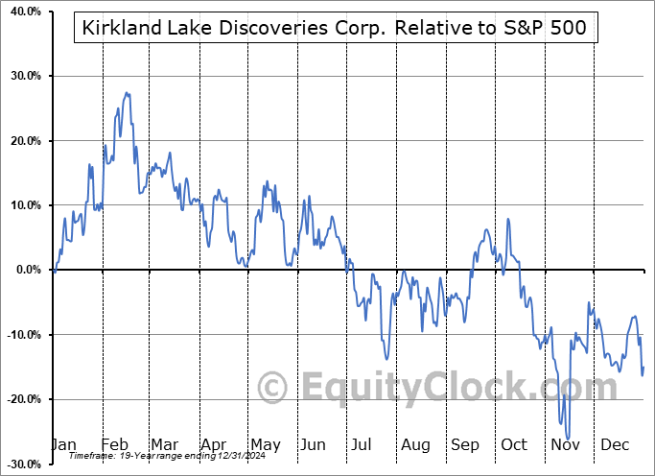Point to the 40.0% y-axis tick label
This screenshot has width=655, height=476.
click(x=22, y=12)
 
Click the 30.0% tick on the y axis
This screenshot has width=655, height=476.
click(x=22, y=76)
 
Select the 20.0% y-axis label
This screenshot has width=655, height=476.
click(x=22, y=141)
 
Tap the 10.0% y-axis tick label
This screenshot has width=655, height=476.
click(x=22, y=205)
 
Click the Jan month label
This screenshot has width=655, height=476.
click(x=64, y=444)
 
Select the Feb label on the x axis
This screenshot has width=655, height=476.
click(x=115, y=444)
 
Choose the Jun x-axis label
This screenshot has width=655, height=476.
click(x=314, y=444)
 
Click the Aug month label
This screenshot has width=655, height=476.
click(x=415, y=444)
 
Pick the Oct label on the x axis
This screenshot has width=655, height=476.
click(x=514, y=444)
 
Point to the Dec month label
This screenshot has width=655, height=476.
click(x=614, y=444)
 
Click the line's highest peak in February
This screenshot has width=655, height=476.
click(x=126, y=93)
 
